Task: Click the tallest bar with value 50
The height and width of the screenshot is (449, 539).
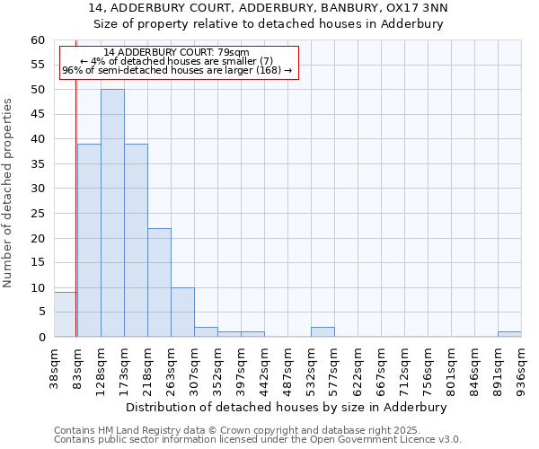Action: point(112,213)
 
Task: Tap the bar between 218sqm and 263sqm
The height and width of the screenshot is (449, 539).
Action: point(159,282)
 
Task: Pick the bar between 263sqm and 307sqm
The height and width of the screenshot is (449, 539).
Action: point(182,312)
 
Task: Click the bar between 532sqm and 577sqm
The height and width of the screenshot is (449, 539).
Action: point(323,331)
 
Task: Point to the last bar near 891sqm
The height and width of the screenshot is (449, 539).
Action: point(509,334)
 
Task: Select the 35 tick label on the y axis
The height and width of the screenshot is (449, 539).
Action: point(38,164)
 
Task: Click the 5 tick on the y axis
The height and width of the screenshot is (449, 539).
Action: point(41,313)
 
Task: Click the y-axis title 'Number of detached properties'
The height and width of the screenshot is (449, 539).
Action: point(8,193)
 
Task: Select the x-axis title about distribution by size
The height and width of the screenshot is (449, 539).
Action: point(287,407)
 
